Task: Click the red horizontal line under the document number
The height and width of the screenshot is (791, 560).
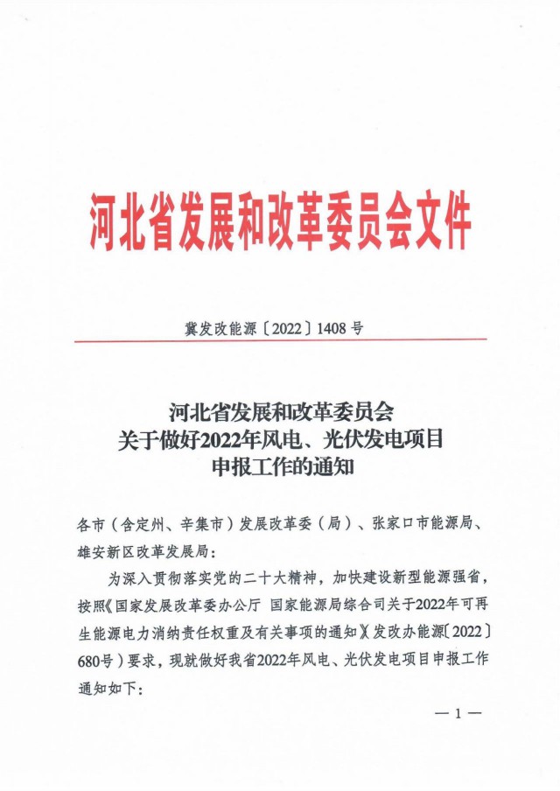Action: coord(280,340)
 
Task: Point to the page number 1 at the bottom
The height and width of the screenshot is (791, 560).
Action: coord(457,713)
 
